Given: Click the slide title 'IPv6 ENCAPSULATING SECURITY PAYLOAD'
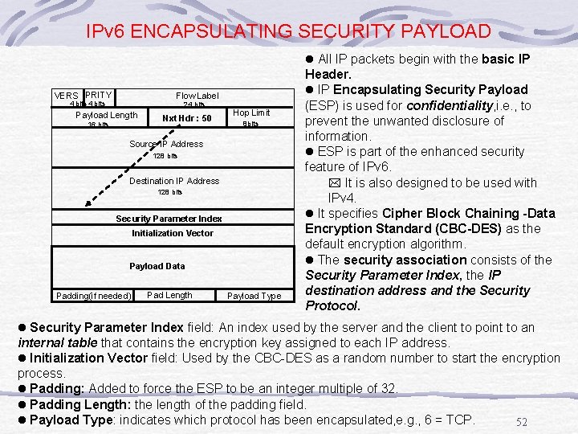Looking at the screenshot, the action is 288,31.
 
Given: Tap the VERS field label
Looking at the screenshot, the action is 66,96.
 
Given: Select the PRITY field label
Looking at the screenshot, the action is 99,95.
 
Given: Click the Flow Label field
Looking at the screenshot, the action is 197,96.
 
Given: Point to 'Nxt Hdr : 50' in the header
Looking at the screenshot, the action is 186,118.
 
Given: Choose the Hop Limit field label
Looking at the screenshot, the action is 251,113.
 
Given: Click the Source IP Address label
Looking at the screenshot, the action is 166,144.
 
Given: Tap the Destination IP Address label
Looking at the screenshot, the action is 173,181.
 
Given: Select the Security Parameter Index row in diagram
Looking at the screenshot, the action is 169,219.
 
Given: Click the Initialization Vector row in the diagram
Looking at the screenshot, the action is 173,233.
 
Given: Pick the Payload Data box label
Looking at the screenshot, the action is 157,266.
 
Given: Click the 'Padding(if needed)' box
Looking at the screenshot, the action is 94,296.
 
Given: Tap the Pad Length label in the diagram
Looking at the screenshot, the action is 169,295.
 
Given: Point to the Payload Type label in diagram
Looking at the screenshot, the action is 254,296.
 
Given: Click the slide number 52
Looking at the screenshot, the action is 521,422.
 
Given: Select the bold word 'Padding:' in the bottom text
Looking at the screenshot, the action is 56,388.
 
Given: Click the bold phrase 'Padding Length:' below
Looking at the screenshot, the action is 80,404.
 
